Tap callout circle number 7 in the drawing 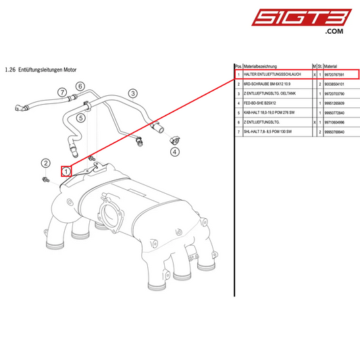point(61,92)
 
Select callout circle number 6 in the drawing point(80,86)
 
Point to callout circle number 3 point(133,93)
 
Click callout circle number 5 point(80,118)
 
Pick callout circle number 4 point(175,152)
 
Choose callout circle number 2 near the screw point(45,163)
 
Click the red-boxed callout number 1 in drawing point(66,172)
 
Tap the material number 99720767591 point(338,74)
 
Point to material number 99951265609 point(338,104)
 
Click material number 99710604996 point(338,123)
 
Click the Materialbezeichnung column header point(263,66)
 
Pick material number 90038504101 point(338,84)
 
